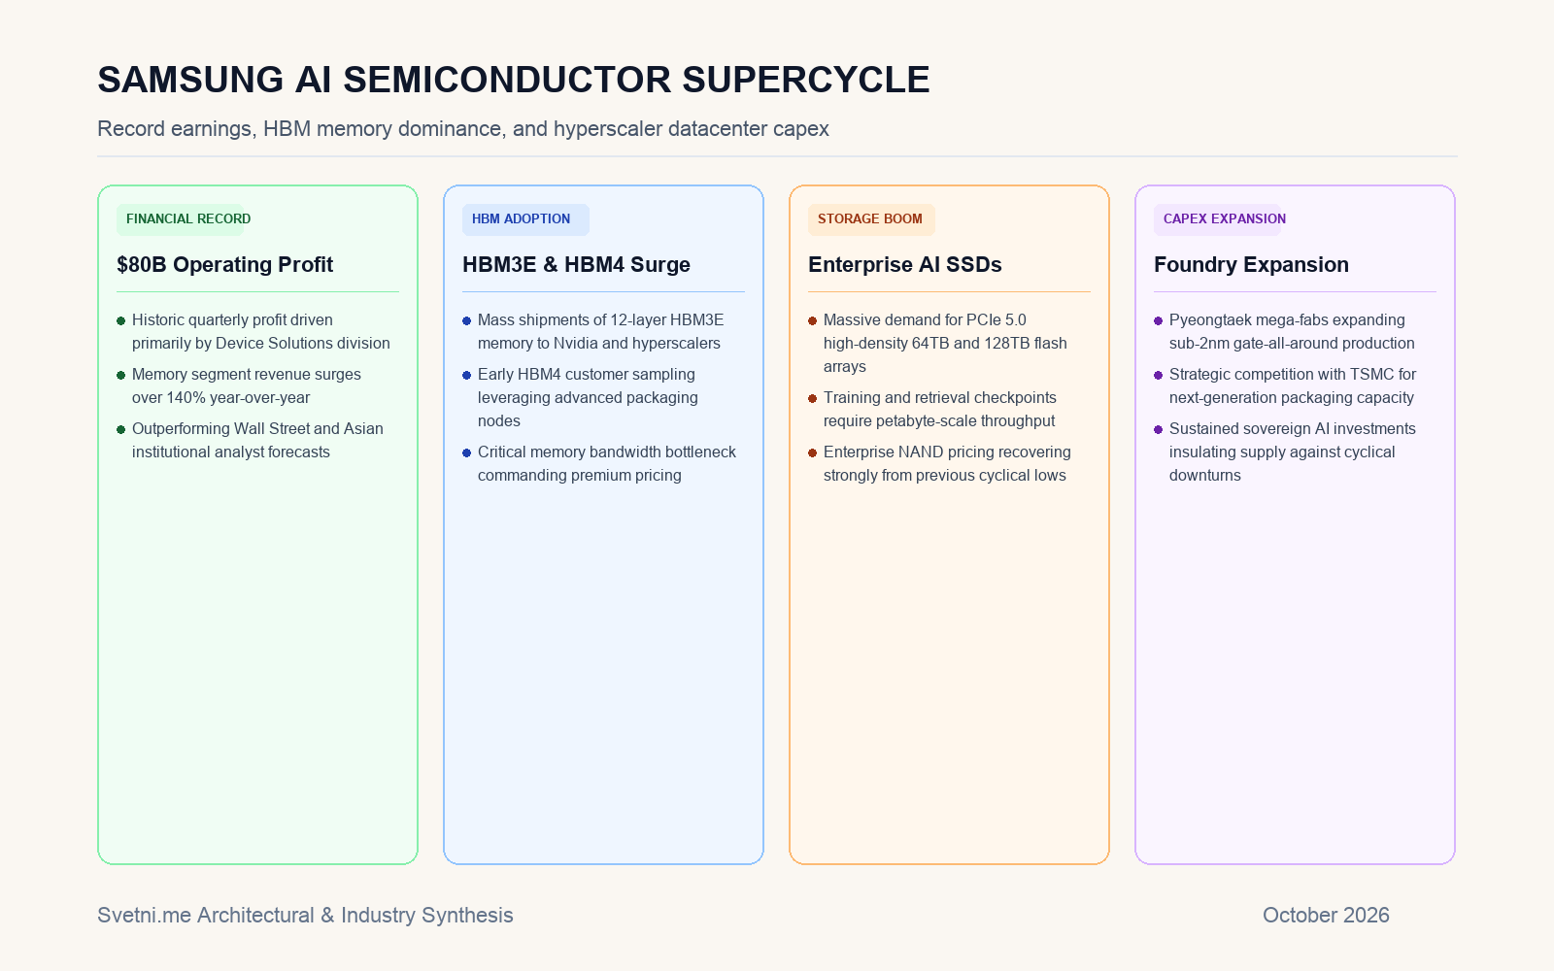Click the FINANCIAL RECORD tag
[x=181, y=219]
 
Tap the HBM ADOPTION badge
[x=525, y=219]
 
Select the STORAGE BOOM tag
[x=871, y=219]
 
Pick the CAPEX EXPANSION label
[x=1218, y=219]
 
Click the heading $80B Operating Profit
[x=224, y=265]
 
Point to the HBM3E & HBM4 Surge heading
[x=576, y=265]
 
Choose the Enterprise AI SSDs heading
[x=904, y=265]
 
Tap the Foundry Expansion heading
[x=1251, y=265]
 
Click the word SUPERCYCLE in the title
[x=805, y=80]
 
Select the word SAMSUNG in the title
[x=190, y=80]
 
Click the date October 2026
[x=1326, y=916]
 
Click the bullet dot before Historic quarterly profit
[x=120, y=320]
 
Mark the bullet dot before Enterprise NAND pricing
[x=812, y=452]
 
